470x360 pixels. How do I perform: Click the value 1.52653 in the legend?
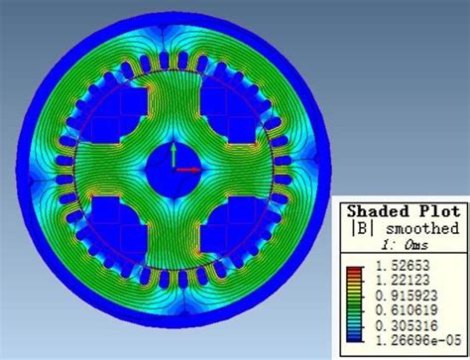point(403,266)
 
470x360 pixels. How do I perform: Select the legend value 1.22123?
point(403,281)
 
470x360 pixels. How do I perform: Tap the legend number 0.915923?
point(407,296)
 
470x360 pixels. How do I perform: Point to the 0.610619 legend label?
point(407,310)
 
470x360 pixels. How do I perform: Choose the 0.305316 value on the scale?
point(407,325)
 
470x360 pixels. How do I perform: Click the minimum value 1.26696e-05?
point(418,340)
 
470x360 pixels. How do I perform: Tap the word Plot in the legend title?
point(439,211)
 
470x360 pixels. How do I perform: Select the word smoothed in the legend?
point(422,228)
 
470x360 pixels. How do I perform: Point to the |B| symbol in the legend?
point(362,228)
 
